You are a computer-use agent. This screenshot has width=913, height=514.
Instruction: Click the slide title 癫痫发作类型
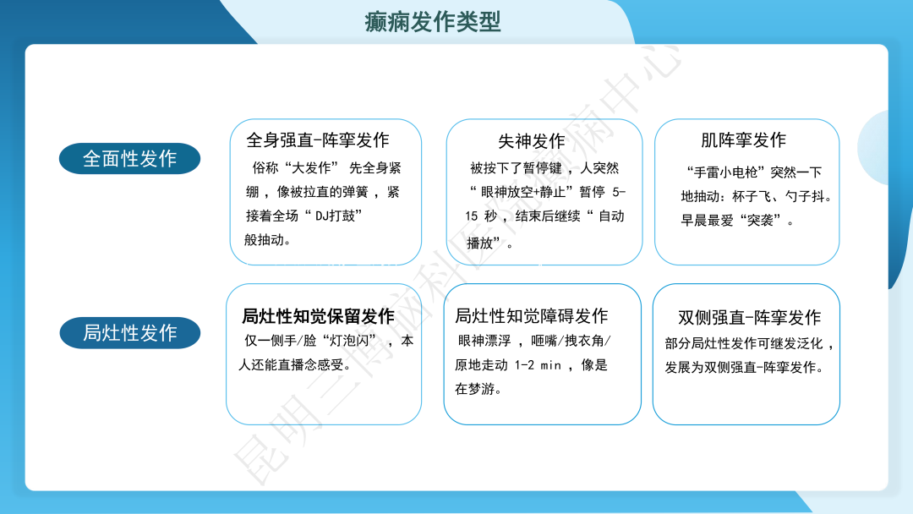click(433, 21)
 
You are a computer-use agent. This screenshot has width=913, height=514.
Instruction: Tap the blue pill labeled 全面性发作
click(129, 158)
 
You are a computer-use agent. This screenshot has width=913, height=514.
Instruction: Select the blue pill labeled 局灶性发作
click(129, 332)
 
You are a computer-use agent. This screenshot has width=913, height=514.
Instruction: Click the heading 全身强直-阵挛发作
click(318, 140)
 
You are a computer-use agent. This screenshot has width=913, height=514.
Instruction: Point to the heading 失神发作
click(531, 141)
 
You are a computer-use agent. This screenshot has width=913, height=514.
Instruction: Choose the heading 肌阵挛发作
click(743, 140)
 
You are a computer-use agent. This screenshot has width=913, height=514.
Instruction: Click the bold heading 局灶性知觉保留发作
click(318, 317)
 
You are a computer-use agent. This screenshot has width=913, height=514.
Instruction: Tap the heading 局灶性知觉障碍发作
click(531, 316)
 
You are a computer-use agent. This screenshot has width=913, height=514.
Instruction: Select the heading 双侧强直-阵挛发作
click(749, 318)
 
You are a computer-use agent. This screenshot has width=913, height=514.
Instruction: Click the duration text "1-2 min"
click(539, 365)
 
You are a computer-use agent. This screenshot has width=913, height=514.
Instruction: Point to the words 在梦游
click(478, 389)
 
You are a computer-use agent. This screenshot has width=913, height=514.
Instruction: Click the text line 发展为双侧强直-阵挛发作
click(744, 368)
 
